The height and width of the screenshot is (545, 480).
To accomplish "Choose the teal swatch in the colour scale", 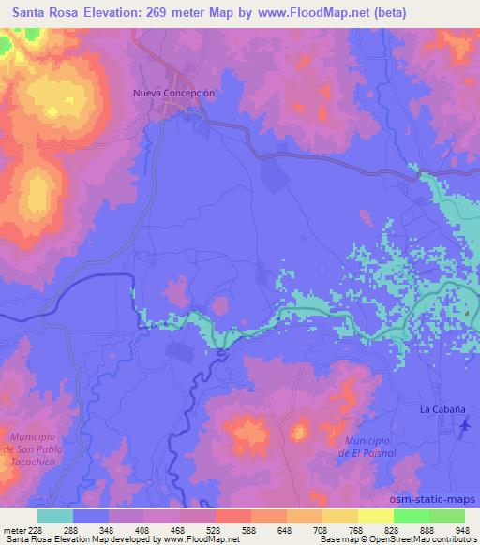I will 55,516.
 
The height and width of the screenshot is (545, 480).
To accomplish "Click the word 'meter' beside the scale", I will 12,530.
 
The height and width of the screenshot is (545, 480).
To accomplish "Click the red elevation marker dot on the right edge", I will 466,311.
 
